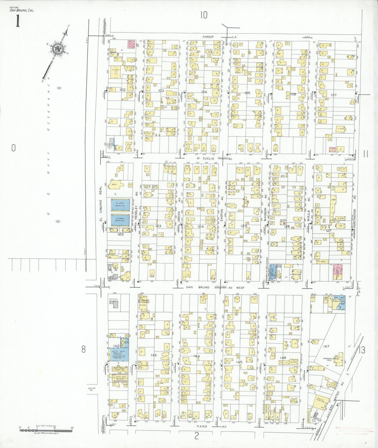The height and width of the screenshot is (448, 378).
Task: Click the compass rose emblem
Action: (57, 49)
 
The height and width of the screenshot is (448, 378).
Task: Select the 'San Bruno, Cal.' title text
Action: (22, 10)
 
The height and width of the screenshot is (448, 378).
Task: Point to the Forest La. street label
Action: (219, 37)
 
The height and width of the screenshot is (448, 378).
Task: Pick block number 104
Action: (204, 92)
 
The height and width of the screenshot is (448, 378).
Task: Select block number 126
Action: (287, 226)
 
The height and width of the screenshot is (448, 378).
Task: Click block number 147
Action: (326, 346)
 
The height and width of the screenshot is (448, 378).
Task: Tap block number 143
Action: (154, 355)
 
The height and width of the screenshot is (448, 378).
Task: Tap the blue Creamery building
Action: (339, 303)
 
